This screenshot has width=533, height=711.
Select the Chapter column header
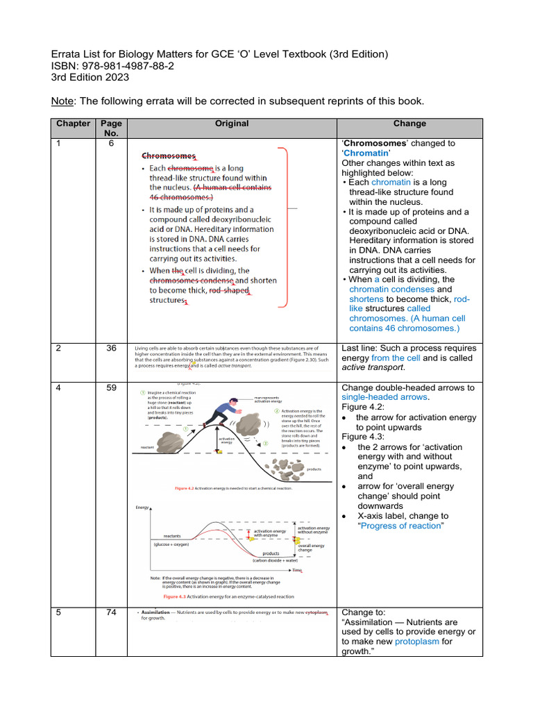[73, 124]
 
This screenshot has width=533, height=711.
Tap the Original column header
[231, 124]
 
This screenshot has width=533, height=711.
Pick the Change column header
[409, 124]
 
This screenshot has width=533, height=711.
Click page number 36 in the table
[111, 349]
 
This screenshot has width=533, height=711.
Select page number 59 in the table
[111, 388]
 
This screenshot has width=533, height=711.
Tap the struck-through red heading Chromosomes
[168, 157]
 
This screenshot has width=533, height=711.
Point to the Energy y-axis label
[143, 508]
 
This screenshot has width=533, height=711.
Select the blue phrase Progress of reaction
[401, 526]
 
